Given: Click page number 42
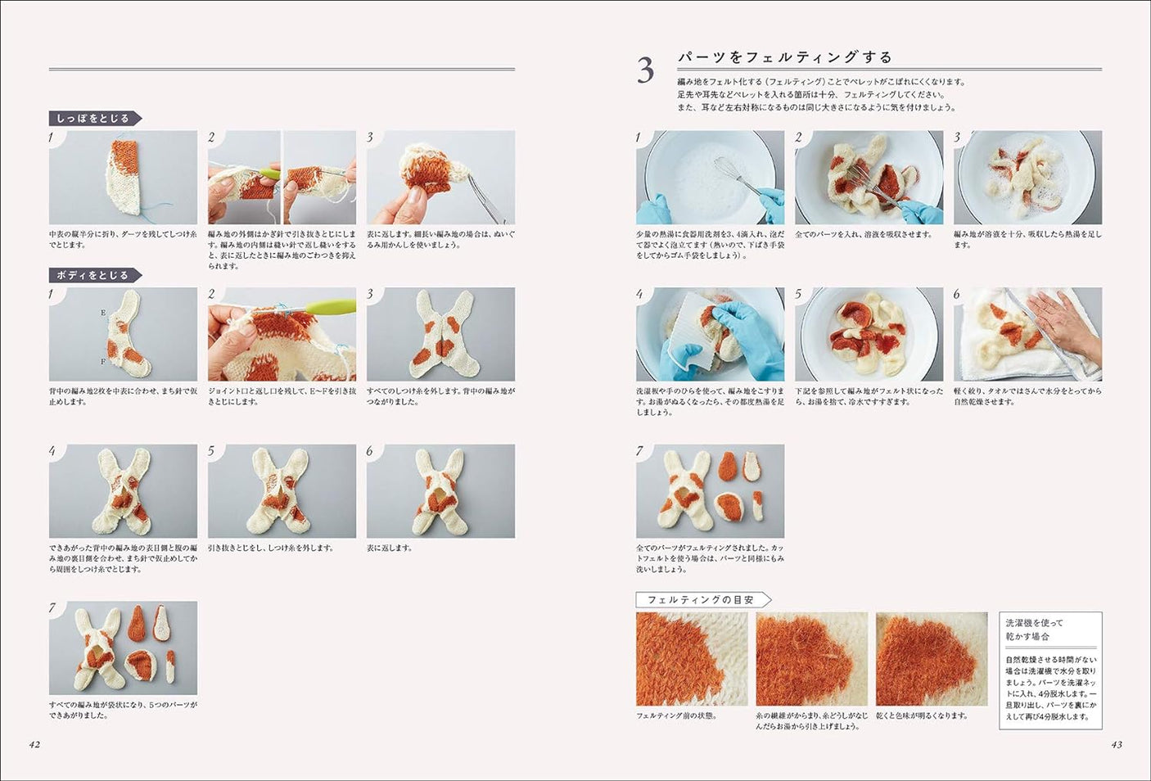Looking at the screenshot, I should click(34, 744).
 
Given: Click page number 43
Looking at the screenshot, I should click(1117, 744).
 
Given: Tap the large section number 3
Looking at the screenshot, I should click(645, 70).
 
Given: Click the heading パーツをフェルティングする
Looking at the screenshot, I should click(784, 56).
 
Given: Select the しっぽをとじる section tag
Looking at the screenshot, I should click(93, 118).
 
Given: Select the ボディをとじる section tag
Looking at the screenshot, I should click(93, 275).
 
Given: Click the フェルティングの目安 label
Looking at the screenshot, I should click(701, 599).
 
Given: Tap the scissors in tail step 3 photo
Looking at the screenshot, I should click(488, 196).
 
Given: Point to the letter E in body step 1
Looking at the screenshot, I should click(103, 313).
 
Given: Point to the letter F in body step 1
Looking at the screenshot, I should click(103, 361).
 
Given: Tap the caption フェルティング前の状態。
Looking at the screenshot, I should click(676, 716).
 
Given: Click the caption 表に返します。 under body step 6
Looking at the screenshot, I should click(390, 548).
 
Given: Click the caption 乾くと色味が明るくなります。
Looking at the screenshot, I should click(922, 716).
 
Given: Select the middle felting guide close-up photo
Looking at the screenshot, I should click(811, 659).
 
